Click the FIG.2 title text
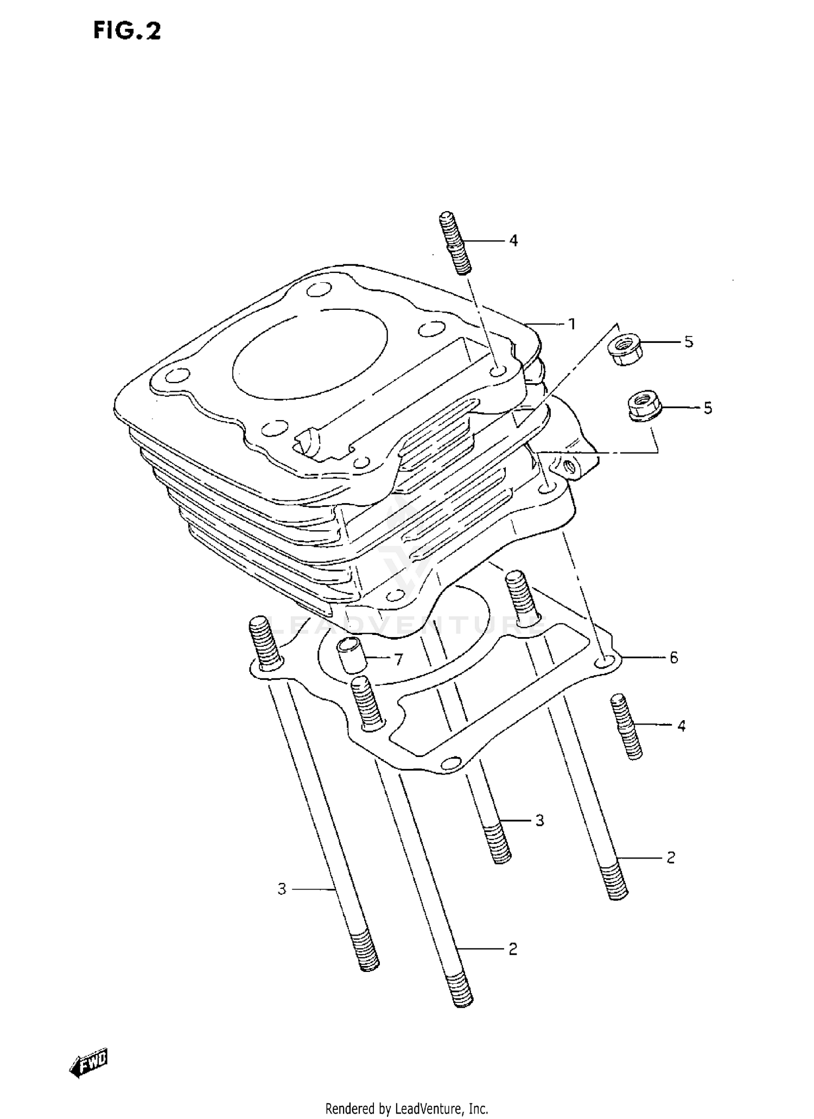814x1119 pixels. coord(127,31)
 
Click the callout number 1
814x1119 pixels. coord(571,324)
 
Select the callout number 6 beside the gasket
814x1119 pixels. coord(673,658)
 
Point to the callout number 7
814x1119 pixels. coord(398,659)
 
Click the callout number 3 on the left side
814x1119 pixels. coord(281,889)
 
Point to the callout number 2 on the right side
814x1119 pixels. coord(671,857)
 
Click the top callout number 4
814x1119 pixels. coord(513,240)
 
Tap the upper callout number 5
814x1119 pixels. coord(688,342)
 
